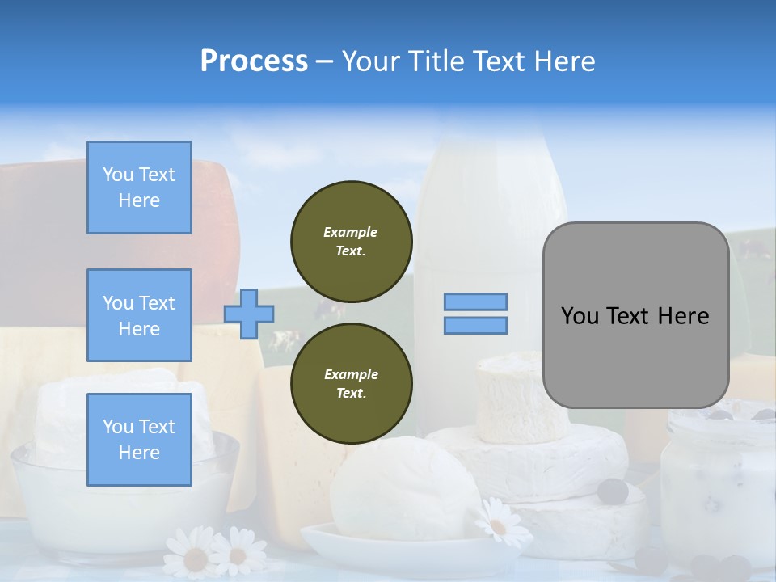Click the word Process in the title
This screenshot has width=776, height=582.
coord(254,61)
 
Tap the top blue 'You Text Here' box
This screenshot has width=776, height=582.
coord(139,188)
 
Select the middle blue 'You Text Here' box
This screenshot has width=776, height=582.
coord(139,315)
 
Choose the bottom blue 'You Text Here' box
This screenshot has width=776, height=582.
coord(139,440)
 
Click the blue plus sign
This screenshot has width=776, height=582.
coord(249,314)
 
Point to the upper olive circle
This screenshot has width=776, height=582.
coord(352,242)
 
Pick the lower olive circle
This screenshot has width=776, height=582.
coord(352,384)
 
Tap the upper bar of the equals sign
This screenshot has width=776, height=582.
coord(475,302)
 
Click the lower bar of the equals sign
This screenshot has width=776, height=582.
coord(475,325)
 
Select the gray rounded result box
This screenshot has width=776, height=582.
coord(635,314)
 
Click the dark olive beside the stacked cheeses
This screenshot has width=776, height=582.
coord(612,491)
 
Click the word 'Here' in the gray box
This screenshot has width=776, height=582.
coord(683,315)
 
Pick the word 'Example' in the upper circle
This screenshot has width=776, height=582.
coord(351,232)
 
